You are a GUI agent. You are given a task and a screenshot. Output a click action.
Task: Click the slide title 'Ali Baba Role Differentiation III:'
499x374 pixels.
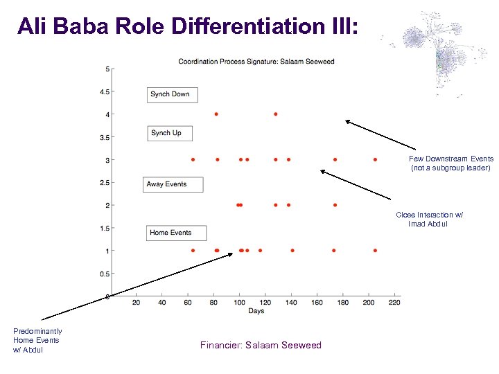188,26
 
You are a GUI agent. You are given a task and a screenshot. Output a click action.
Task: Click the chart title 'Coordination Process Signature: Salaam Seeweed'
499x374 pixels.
256,62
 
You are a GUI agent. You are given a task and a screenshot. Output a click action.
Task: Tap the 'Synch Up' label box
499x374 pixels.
170,133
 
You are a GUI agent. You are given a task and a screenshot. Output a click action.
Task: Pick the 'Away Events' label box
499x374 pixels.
173,184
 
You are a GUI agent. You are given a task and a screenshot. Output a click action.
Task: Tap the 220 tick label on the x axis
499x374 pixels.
394,303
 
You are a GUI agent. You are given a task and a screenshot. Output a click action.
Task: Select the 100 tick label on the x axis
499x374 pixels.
239,303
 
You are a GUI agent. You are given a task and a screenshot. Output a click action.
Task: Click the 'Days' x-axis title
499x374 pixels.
256,311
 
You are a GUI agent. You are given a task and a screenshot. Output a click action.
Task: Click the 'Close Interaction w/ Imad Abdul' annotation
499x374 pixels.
429,220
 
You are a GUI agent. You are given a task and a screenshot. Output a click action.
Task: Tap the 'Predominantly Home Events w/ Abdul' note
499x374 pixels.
37,340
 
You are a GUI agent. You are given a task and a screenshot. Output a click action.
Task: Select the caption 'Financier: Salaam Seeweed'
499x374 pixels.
261,345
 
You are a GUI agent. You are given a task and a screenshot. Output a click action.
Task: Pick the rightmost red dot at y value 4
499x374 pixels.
276,114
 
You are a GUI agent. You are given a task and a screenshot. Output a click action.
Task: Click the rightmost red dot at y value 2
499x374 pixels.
335,205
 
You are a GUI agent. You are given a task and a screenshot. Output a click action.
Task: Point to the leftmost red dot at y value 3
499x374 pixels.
193,159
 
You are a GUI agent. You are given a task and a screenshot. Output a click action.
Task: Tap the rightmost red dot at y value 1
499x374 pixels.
375,251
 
